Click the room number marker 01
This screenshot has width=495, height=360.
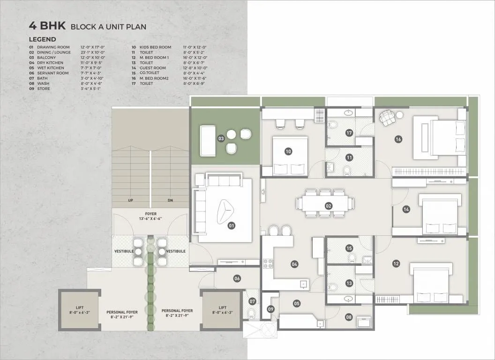click(231, 225)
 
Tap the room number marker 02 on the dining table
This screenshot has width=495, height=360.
click(329, 206)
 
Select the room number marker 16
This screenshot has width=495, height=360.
click(398, 139)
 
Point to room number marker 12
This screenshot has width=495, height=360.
click(396, 264)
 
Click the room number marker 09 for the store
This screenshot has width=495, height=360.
click(270, 309)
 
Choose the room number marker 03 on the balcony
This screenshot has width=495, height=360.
click(221, 138)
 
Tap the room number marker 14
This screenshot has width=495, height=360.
click(406, 210)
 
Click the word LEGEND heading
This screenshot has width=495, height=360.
click(42, 39)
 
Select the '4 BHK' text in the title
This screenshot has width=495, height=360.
click(47, 26)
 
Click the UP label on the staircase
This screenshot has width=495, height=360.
click(131, 200)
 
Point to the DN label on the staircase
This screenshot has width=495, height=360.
click(171, 200)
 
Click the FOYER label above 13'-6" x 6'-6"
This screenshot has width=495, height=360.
click(150, 214)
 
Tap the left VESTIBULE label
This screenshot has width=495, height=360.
click(124, 251)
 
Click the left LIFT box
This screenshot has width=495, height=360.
click(79, 310)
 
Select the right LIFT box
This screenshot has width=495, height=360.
click(221, 310)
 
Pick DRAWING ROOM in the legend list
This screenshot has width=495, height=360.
click(53, 47)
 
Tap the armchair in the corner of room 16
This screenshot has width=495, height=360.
click(387, 118)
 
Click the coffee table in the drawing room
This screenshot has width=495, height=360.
click(225, 210)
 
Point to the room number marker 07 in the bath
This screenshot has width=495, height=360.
click(252, 301)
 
